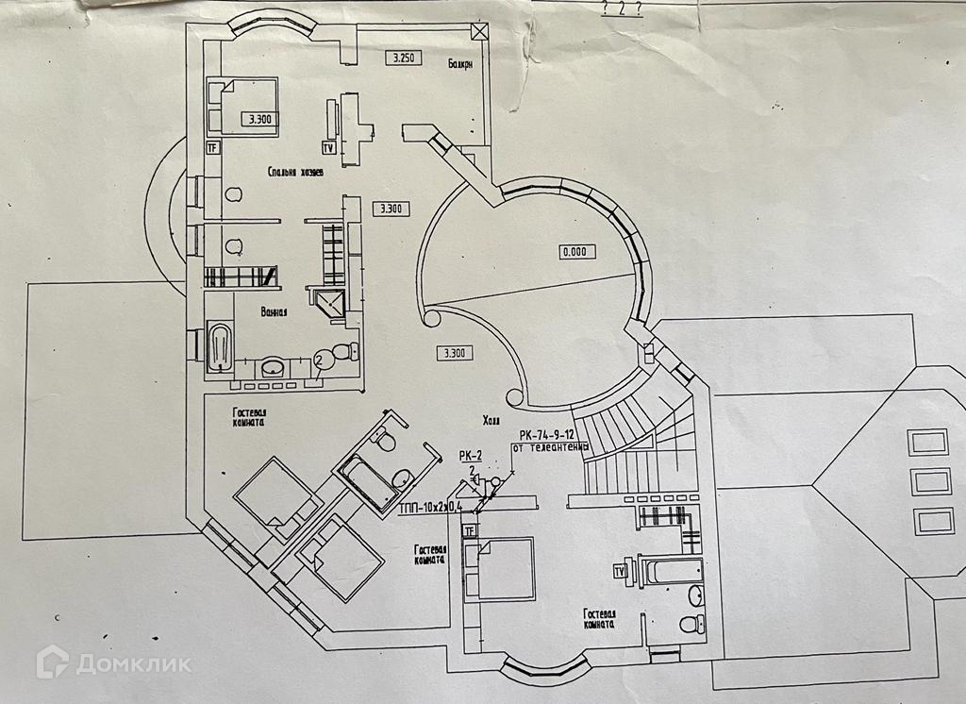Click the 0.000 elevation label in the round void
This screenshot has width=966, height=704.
(573, 252)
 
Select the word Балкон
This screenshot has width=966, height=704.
(459, 63)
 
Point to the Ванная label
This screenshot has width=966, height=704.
(274, 310)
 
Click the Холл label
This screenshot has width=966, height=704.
(491, 422)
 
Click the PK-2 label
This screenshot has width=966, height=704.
(471, 455)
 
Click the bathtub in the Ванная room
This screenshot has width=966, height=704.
(219, 349)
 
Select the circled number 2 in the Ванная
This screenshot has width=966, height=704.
(320, 359)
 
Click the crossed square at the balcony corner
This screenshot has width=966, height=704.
(480, 30)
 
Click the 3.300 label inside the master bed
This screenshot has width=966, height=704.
(258, 120)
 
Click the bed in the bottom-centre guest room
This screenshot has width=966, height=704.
(499, 568)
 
